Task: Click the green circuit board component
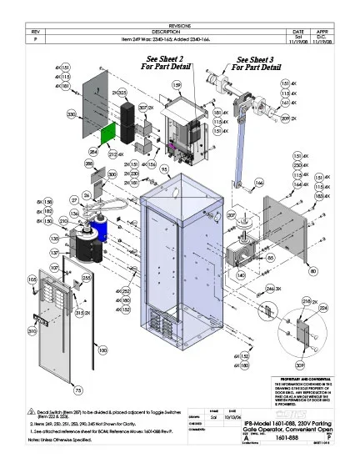109,133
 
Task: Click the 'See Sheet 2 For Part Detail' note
171,64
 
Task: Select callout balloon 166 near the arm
258,181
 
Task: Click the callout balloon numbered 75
77,390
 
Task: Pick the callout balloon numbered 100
102,351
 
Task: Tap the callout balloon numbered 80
312,271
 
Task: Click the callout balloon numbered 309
299,364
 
